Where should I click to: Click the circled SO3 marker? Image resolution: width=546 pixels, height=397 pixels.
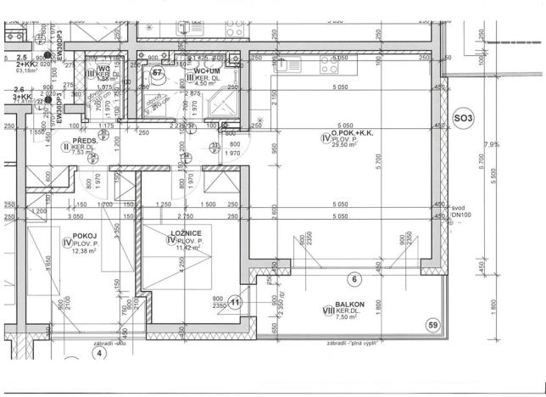click(463, 118)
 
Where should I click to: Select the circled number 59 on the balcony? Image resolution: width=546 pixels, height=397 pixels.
click(432, 324)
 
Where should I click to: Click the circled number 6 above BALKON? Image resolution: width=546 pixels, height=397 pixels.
click(355, 278)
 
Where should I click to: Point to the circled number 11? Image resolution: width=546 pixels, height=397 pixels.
click(236, 301)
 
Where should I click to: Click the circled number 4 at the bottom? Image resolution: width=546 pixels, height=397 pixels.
click(98, 353)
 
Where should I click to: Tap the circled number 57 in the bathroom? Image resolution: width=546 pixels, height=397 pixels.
click(157, 74)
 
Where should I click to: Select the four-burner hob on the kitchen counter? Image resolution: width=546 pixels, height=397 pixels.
click(338, 65)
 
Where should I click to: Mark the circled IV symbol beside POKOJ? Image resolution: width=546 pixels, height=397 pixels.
click(66, 242)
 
